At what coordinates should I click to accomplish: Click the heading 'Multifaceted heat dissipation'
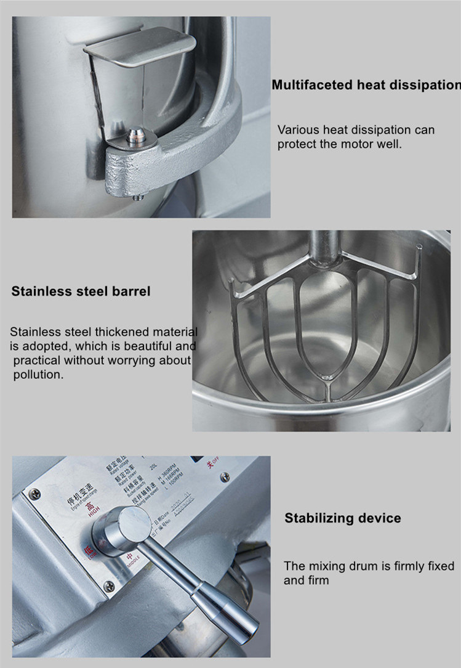(x=366, y=84)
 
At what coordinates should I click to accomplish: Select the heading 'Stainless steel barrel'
(x=81, y=291)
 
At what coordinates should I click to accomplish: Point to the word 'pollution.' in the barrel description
(x=38, y=374)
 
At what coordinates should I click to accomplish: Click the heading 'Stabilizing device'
(x=342, y=518)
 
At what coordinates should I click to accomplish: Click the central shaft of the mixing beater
(x=323, y=243)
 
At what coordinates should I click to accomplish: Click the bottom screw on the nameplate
(x=109, y=586)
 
